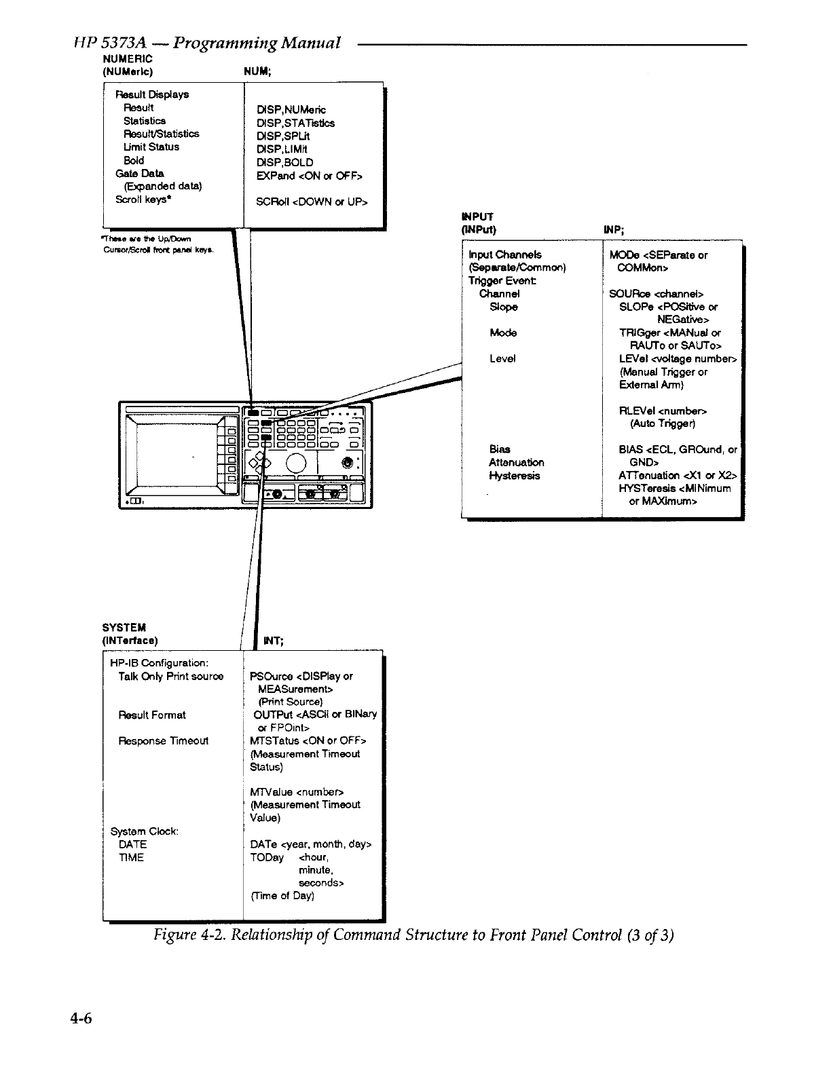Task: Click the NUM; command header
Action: pyautogui.click(x=258, y=71)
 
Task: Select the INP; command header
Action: pyautogui.click(x=614, y=229)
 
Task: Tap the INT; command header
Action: pyautogui.click(x=273, y=641)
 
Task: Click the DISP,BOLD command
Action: pyautogui.click(x=284, y=162)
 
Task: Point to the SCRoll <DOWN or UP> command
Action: pyautogui.click(x=312, y=202)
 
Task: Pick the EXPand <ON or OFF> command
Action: pyautogui.click(x=309, y=176)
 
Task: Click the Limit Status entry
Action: pyautogui.click(x=151, y=147)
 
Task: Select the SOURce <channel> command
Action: pyautogui.click(x=656, y=294)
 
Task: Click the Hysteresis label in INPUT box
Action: pyautogui.click(x=514, y=476)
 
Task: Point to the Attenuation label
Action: pyautogui.click(x=516, y=463)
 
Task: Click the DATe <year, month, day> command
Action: pyautogui.click(x=310, y=844)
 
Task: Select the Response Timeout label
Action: pyautogui.click(x=163, y=740)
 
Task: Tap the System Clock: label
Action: pyautogui.click(x=144, y=831)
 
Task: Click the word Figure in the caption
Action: pyautogui.click(x=174, y=935)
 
